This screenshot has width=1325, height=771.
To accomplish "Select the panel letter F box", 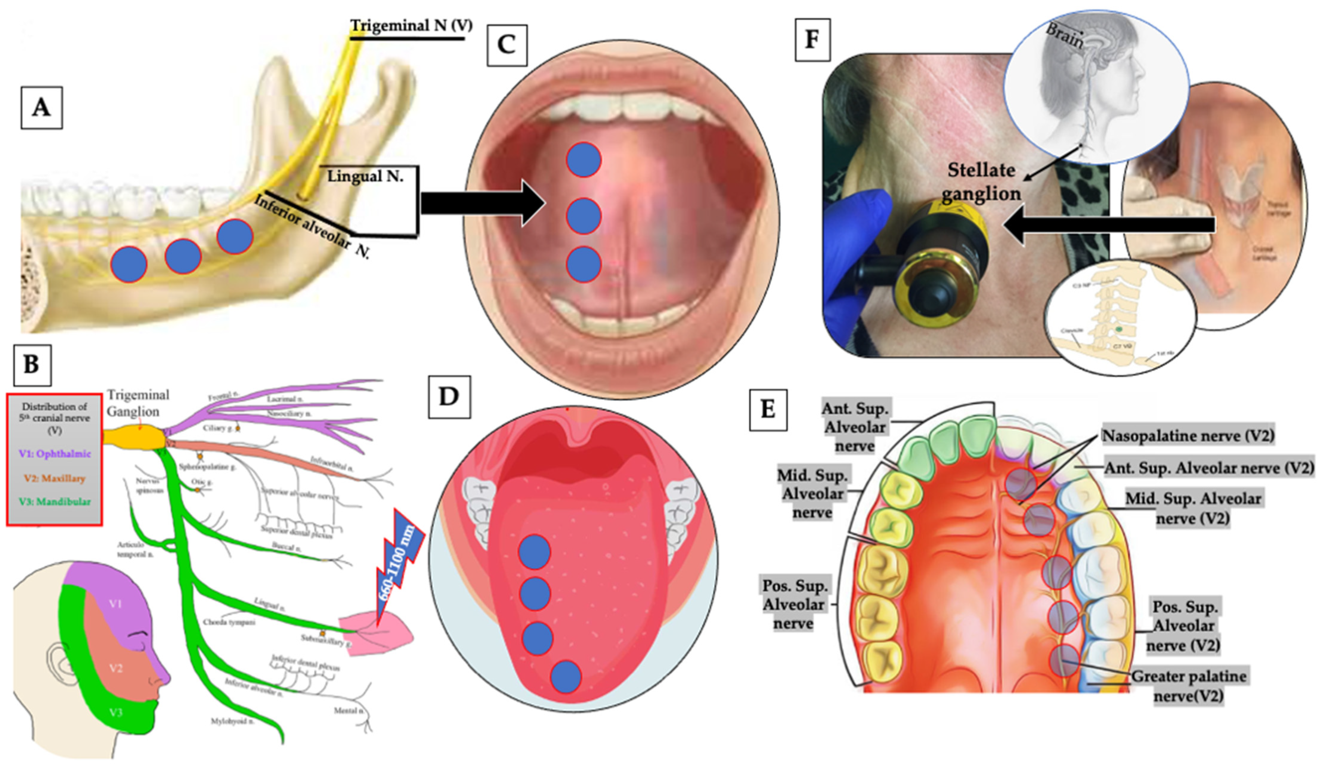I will click(x=813, y=40).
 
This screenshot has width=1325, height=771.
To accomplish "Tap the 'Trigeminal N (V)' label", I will click(x=411, y=25).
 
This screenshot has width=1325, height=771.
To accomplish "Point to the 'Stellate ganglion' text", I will click(x=981, y=182).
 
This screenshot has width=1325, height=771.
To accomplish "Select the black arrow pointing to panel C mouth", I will click(x=481, y=203).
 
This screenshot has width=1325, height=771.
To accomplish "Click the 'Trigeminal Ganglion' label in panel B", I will click(x=138, y=402).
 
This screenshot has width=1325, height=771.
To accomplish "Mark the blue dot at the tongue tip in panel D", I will click(x=566, y=677).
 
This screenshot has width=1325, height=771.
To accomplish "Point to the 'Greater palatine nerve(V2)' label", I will click(x=1188, y=686).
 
